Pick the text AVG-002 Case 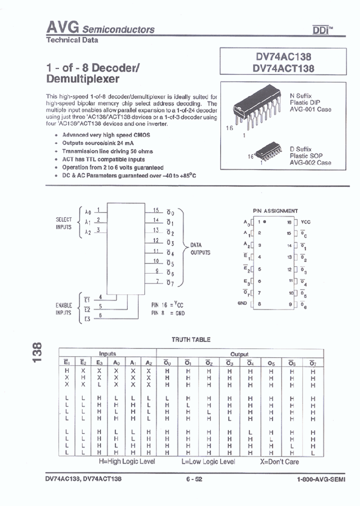[310, 162]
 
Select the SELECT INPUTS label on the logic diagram [63, 223]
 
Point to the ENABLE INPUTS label [63, 308]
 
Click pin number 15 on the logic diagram [156, 210]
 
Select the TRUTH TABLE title [191, 339]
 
